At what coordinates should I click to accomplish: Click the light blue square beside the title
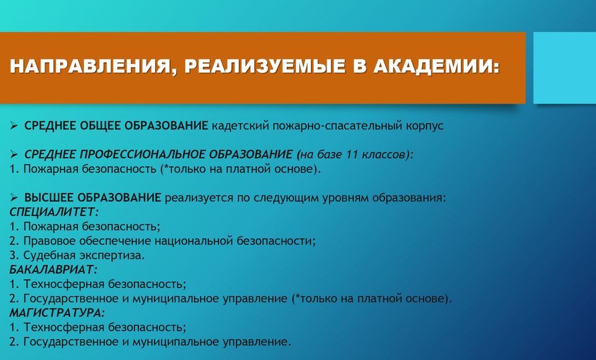(x=565, y=68)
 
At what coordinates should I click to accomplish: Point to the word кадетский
(x=240, y=126)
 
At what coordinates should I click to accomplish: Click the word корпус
(x=425, y=127)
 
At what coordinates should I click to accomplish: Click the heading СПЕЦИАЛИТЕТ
(x=54, y=212)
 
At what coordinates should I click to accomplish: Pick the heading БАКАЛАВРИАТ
(x=53, y=269)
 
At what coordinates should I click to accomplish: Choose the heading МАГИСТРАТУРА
(x=56, y=313)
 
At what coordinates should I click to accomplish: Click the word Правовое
(x=50, y=241)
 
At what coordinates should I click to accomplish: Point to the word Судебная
(x=50, y=255)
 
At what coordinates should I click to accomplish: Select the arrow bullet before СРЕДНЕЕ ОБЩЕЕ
(x=14, y=125)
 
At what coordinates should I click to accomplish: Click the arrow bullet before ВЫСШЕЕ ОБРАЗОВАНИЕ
(x=14, y=197)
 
